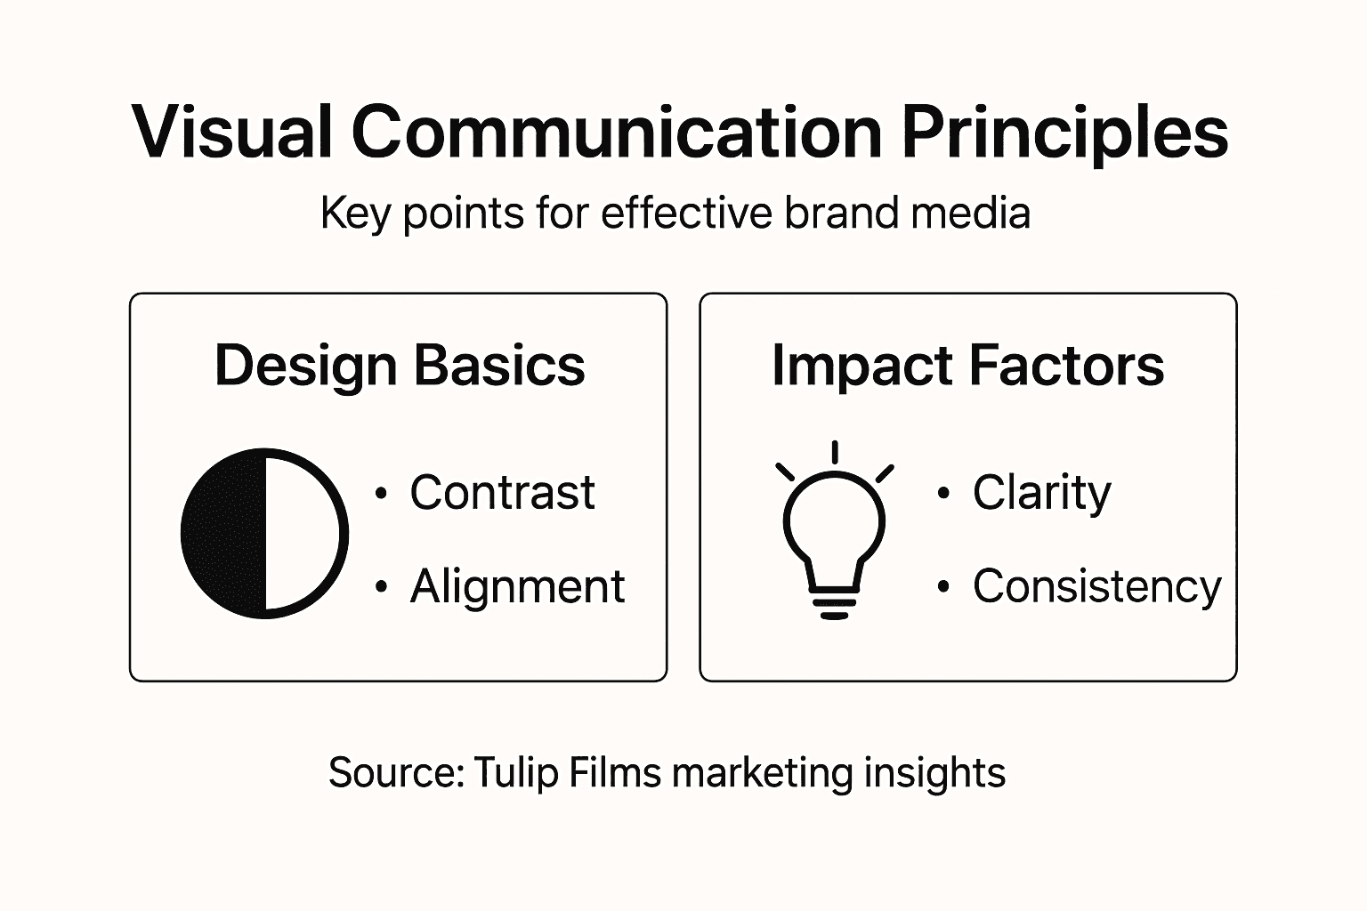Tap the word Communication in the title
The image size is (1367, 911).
coord(616,132)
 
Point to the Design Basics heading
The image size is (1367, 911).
coord(400,366)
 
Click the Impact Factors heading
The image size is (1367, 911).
coord(967,366)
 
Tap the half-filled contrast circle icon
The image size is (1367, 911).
coord(264,533)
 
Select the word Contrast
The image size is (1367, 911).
coord(502,493)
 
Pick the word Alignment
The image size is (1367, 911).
coord(517,587)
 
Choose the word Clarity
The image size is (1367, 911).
coord(1041,494)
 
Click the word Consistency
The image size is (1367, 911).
coord(1096,587)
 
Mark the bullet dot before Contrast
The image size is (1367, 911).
coord(382,494)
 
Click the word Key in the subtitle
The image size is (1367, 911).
coord(355,214)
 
